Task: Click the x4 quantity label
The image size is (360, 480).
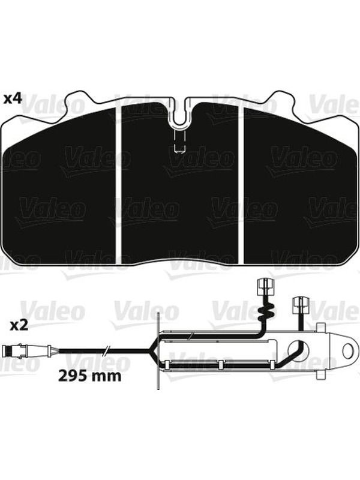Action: [x=13, y=98]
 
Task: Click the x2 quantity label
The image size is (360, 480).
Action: [x=19, y=325]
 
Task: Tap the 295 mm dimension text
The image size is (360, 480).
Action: [x=89, y=376]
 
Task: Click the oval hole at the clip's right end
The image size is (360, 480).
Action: [x=348, y=350]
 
